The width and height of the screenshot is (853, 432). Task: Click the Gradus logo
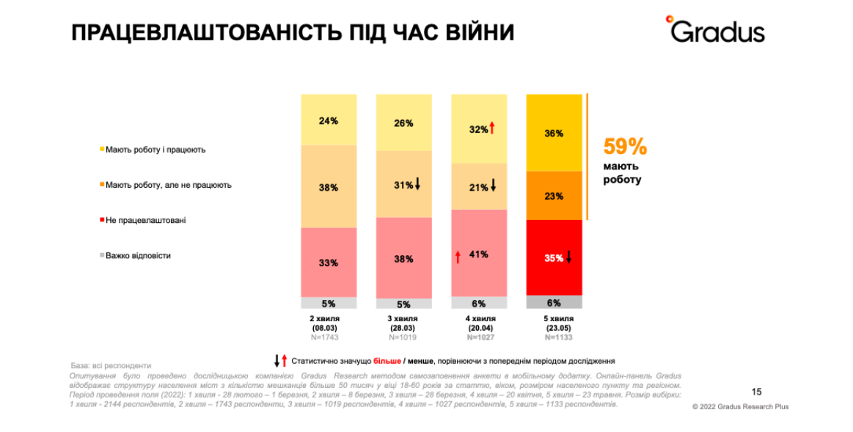point(715,30)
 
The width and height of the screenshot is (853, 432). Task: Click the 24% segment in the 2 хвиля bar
point(329,120)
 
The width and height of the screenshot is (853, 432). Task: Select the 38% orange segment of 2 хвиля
point(329,187)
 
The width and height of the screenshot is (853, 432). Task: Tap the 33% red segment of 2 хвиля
point(329,263)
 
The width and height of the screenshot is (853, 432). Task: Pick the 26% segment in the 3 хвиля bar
point(403,123)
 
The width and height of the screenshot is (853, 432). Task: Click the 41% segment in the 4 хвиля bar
point(479,254)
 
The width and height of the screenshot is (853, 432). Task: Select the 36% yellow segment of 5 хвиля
point(554,133)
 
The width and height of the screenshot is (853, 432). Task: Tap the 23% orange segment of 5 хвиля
point(554,196)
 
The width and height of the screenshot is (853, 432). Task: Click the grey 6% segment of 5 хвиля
point(554,302)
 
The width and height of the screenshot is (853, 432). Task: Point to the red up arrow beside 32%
point(492,129)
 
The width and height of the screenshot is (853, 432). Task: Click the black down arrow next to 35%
point(568,257)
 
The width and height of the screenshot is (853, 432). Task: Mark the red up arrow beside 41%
point(458,256)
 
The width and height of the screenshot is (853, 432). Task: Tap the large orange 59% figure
point(625,147)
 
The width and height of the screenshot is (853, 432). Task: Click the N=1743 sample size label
point(325,337)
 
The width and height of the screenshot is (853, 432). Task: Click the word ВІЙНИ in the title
point(475,32)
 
